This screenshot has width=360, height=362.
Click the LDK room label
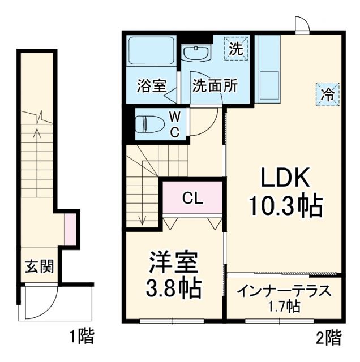[285, 180]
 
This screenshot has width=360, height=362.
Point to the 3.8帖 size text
[174, 288]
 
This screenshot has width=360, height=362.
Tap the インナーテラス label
[284, 291]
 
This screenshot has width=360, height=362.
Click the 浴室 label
[151, 87]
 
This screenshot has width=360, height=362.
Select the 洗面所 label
[215, 87]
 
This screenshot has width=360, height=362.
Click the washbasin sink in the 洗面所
[196, 54]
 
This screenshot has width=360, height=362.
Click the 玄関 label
[39, 266]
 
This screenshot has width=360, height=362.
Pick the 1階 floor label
[82, 338]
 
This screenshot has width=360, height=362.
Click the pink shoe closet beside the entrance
[70, 230]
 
